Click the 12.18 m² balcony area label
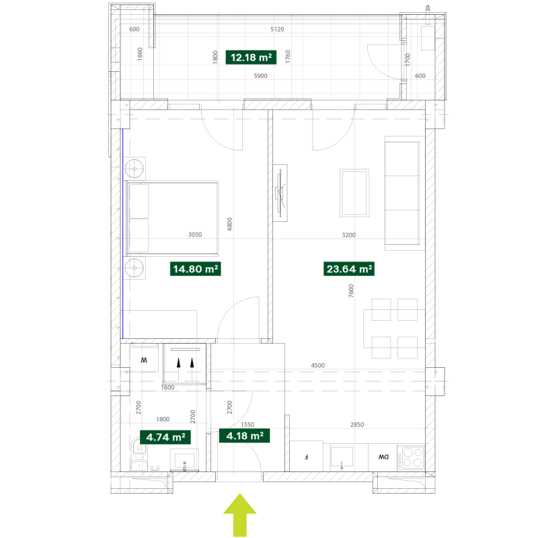click(x=251, y=57)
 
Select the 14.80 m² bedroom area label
click(x=195, y=268)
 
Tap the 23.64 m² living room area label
click(x=349, y=268)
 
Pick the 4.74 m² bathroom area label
click(x=165, y=437)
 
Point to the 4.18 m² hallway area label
click(x=244, y=436)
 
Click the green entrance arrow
click(x=240, y=514)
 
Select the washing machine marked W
click(x=144, y=358)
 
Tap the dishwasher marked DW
click(x=383, y=457)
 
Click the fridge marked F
click(x=307, y=457)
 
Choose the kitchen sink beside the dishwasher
click(x=342, y=457)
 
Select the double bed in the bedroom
click(x=172, y=219)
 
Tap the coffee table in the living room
click(x=354, y=193)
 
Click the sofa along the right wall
click(x=402, y=193)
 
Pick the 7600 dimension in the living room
click(x=350, y=291)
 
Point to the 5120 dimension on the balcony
click(x=277, y=29)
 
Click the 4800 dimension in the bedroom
click(x=229, y=224)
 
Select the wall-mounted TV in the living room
click(x=280, y=193)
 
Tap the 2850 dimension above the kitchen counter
click(x=357, y=424)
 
